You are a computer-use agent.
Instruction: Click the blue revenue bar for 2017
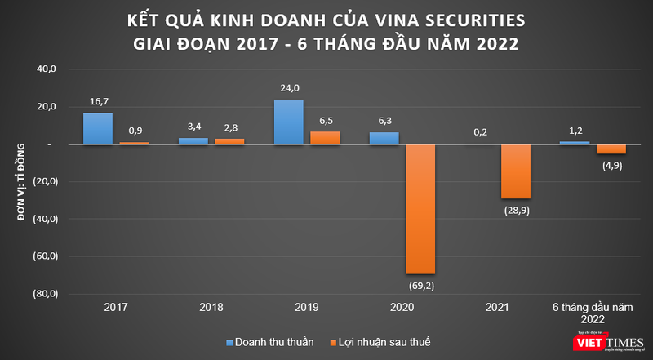pos(98,129)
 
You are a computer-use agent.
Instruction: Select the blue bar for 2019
pos(288,122)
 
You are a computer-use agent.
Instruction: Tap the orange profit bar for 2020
pos(420,209)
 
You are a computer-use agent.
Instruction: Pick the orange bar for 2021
pos(516,171)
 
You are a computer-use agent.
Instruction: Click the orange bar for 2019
pos(324,138)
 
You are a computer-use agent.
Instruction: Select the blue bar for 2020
pos(384,139)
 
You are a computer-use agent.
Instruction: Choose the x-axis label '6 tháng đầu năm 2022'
pos(593,313)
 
